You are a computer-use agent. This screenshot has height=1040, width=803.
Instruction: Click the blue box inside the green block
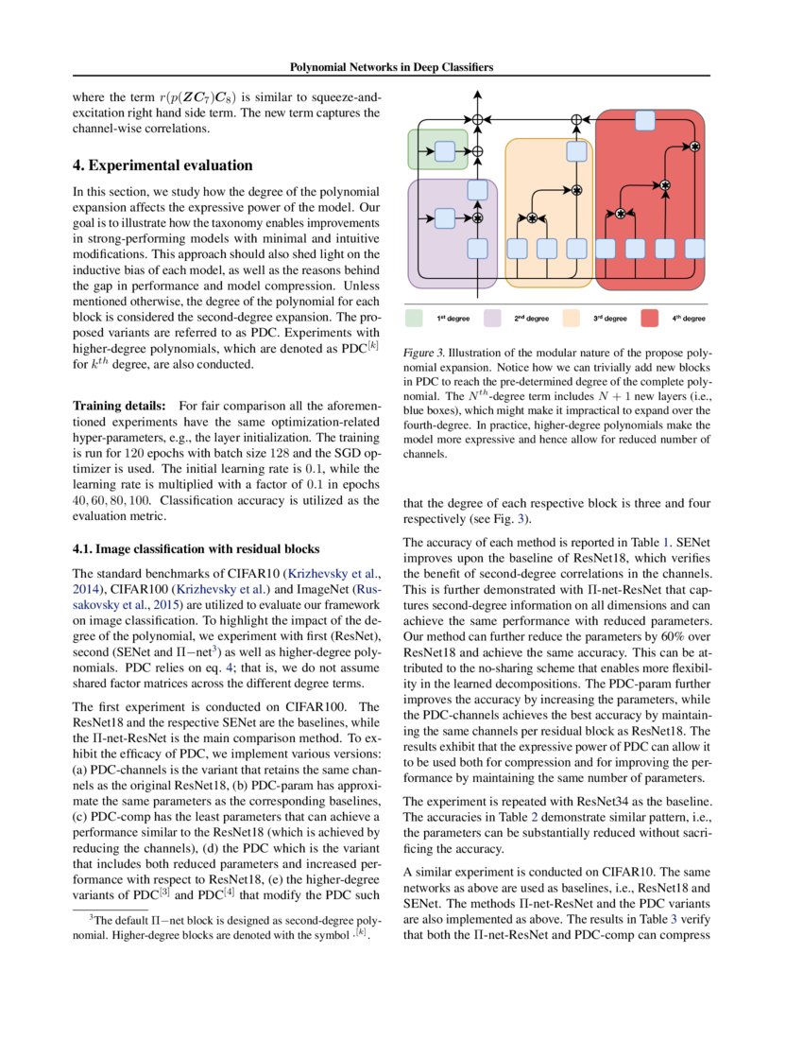point(444,149)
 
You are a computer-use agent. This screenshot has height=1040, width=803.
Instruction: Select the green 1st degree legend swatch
point(417,319)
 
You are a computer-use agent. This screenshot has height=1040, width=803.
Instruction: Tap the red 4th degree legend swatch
point(650,319)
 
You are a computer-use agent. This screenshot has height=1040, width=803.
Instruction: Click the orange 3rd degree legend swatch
point(572,319)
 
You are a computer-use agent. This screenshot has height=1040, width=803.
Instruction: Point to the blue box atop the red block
point(645,119)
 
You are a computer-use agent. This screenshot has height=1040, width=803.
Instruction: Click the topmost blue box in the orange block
point(576,151)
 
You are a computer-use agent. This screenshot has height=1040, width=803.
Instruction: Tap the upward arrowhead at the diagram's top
point(478,95)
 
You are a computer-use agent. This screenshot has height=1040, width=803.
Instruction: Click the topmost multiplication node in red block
point(694,147)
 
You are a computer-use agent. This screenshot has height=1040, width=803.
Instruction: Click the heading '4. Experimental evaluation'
point(162,165)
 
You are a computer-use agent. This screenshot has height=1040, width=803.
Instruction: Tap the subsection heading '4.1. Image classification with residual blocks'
point(196,548)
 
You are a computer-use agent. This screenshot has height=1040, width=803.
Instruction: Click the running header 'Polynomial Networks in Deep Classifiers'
point(392,68)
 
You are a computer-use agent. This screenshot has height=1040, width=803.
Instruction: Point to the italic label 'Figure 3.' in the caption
point(422,350)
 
